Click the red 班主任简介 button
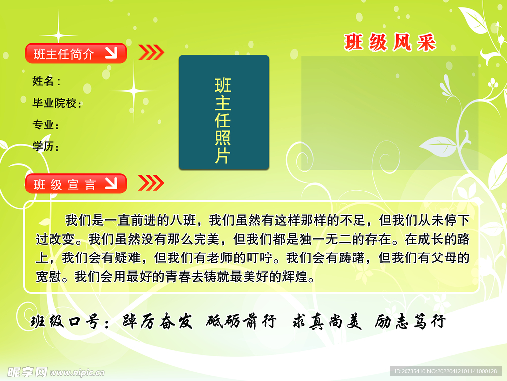[76, 53]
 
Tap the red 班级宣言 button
[76, 184]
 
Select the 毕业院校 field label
[56, 103]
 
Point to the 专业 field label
[45, 125]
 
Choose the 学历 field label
[45, 146]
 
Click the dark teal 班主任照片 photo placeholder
[224, 113]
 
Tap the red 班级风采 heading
[390, 43]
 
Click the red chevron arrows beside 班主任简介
[151, 52]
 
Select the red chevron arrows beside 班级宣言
[151, 183]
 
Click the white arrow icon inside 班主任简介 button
[111, 53]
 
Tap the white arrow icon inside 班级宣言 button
[111, 183]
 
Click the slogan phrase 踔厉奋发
[157, 321]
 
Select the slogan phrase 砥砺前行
[242, 321]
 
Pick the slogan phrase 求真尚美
[327, 321]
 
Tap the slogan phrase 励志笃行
[410, 321]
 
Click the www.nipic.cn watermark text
[77, 372]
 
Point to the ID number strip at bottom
[446, 371]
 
